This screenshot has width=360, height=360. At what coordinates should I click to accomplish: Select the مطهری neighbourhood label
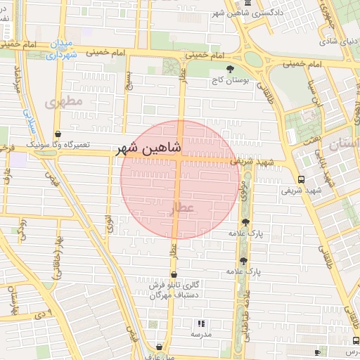pos(64,103)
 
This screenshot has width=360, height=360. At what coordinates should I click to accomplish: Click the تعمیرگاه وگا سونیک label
pos(58,143)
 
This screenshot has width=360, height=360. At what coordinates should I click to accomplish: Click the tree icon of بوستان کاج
pos(231,69)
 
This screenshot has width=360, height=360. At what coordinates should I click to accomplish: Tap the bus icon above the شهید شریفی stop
pos(301,179)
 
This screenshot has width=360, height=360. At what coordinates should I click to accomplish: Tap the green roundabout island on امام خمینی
pos(254,58)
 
